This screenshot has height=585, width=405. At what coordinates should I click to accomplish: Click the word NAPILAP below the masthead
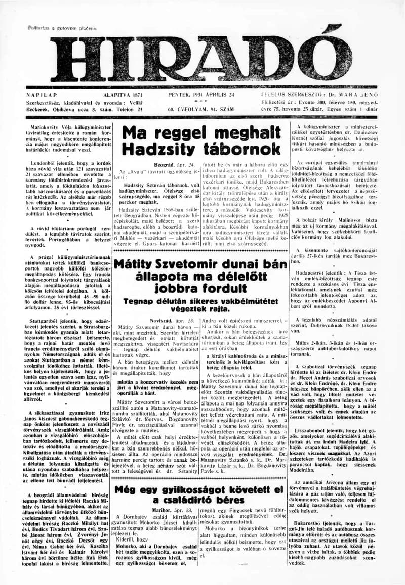pos(41,95)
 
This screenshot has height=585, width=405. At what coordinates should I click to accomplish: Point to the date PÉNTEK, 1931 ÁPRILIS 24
pos(201,95)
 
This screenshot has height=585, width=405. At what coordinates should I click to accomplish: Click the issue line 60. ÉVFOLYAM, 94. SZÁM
pos(201,109)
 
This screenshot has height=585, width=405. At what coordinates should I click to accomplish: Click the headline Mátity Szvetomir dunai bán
pos(201,263)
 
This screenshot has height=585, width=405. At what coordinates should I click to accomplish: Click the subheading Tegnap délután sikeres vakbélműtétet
pos(201,301)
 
